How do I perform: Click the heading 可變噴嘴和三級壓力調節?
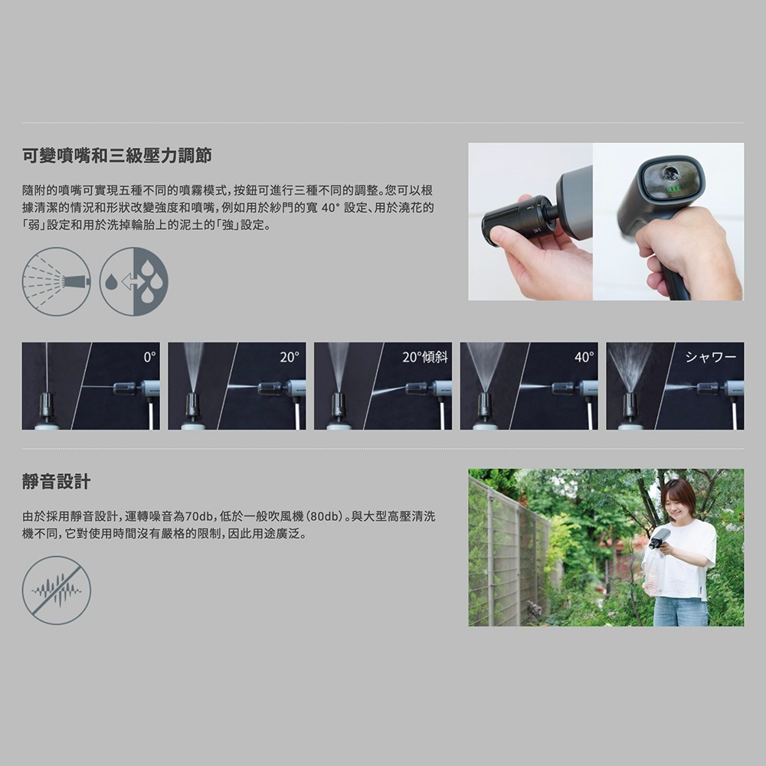[117, 155]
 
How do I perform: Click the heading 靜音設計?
[56, 481]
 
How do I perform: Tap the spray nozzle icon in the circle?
[57, 281]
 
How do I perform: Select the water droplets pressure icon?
[134, 281]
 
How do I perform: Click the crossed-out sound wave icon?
[57, 590]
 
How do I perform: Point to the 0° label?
[150, 357]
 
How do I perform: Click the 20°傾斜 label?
[425, 357]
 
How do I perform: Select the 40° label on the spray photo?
[584, 357]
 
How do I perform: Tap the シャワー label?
[711, 357]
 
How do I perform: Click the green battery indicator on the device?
[673, 188]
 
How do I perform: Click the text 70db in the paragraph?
[199, 516]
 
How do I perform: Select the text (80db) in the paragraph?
[324, 516]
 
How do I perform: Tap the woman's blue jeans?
[680, 611]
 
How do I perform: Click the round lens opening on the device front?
[671, 172]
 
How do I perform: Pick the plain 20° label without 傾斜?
[290, 357]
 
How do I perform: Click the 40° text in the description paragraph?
[329, 208]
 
